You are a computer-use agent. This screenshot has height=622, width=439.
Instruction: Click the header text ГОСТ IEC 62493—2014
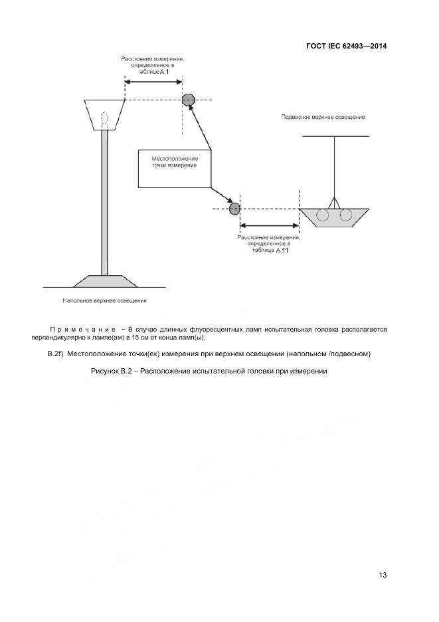point(346,46)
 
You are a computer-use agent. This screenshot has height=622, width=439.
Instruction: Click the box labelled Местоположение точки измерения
point(174,168)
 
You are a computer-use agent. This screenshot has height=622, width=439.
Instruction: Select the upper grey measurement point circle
point(189,100)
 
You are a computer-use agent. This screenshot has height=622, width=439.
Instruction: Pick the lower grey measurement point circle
point(234,209)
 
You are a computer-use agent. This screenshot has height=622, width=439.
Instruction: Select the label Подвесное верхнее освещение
point(323,117)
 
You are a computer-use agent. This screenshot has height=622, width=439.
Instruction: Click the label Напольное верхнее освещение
point(104,300)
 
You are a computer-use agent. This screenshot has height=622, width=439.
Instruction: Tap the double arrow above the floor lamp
point(153,82)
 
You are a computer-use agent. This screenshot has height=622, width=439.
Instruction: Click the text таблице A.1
point(155,72)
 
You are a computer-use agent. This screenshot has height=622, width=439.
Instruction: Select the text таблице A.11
point(269,251)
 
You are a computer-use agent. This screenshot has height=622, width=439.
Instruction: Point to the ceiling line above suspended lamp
point(335,136)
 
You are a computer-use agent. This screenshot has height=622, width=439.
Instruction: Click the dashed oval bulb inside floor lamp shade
point(105,116)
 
